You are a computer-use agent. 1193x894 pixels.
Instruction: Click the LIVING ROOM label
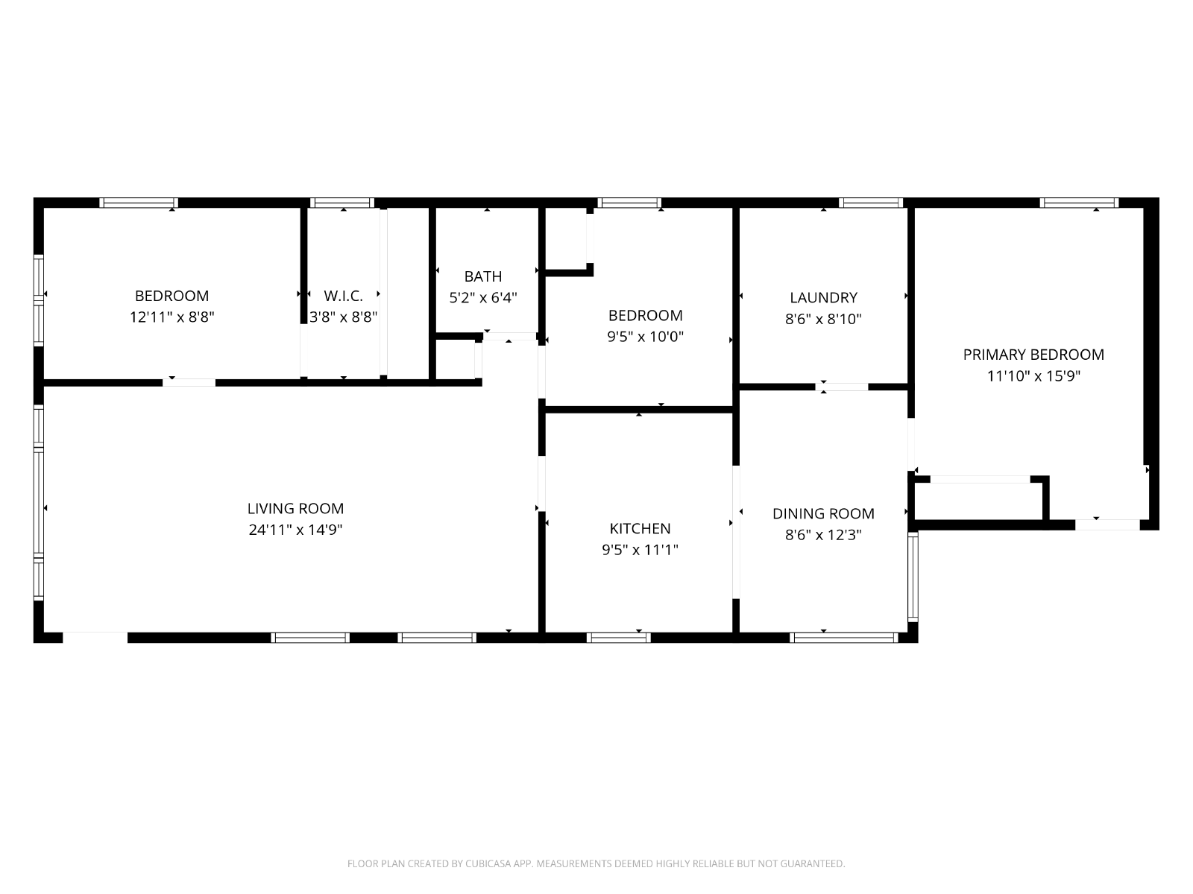295,509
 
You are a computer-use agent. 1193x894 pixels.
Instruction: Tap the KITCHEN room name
640,529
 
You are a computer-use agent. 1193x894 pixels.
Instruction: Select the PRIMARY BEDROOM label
1033,355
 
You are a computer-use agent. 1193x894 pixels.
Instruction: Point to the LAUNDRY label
823,298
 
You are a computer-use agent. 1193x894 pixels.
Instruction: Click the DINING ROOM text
823,514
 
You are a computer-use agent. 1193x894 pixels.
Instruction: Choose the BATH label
483,277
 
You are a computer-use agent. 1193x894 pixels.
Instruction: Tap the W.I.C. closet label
344,297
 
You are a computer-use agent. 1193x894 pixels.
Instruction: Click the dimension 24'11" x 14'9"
295,530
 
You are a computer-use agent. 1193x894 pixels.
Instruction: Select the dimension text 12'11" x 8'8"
171,317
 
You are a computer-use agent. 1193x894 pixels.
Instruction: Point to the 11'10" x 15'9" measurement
1033,376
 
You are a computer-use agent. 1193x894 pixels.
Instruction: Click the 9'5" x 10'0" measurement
645,337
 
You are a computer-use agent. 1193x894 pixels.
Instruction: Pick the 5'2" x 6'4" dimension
483,298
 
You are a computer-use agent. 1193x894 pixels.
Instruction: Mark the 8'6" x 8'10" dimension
823,319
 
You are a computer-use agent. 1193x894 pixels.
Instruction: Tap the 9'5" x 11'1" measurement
640,550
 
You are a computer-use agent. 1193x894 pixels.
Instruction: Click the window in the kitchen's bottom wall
619,638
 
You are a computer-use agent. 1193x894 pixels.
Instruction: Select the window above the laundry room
871,203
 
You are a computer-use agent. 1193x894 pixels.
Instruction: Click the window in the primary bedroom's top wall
1079,203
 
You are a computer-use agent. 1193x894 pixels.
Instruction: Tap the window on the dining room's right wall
913,577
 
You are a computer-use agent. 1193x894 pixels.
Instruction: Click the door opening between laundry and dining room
841,387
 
